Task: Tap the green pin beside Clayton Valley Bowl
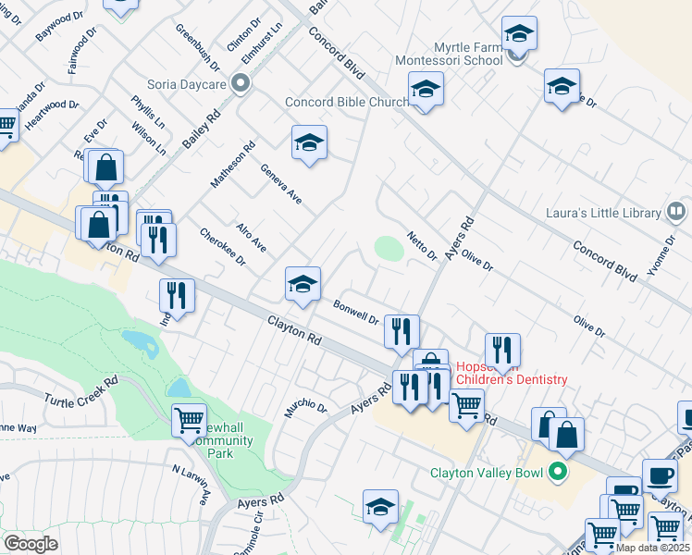(557, 472)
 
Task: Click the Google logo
(31, 544)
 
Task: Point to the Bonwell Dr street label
(356, 311)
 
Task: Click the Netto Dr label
(422, 246)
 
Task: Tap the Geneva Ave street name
(281, 184)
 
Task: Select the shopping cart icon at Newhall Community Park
(189, 419)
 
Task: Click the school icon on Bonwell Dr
(303, 284)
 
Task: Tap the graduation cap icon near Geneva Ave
(309, 142)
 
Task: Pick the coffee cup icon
(659, 475)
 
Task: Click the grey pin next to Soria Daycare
(241, 84)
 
